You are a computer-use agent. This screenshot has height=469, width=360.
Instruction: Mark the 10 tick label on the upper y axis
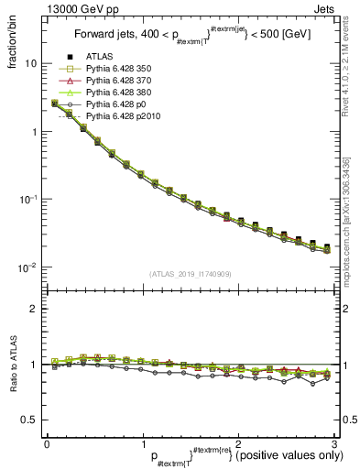tap(29, 64)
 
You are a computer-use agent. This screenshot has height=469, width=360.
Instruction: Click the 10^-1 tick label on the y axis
tap(27, 199)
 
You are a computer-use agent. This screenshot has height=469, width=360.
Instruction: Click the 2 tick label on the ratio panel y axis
tap(33, 309)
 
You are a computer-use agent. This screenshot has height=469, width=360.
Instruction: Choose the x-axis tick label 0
tap(46, 442)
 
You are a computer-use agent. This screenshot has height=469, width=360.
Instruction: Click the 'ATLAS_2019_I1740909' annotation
tap(189, 274)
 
